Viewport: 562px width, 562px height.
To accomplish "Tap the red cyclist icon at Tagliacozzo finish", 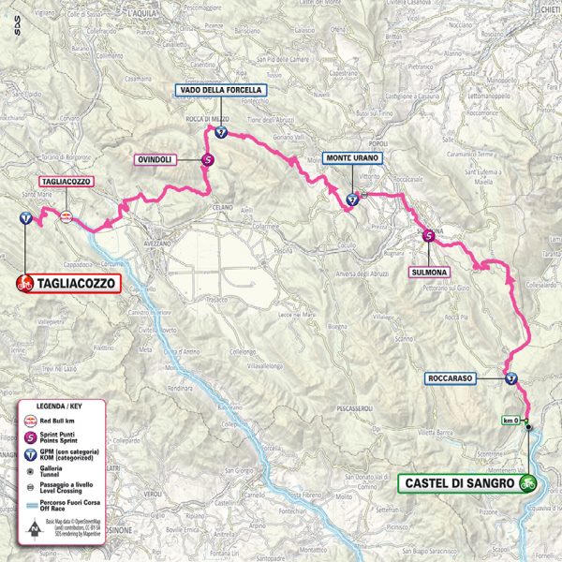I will point(25,282).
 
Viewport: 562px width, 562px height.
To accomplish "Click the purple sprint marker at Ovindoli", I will point(207,160).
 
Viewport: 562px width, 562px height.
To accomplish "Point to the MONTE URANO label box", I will point(352,159).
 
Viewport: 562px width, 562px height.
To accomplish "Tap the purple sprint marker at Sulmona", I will point(428,236).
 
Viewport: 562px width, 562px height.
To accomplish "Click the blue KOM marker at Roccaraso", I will point(510,379).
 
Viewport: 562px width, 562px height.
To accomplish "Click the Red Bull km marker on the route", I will point(66,217).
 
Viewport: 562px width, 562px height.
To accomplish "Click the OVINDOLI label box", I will point(158,159).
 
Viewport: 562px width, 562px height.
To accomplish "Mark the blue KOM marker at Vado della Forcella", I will point(220,133).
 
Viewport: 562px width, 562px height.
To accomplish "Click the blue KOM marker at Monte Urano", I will point(352,199).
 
